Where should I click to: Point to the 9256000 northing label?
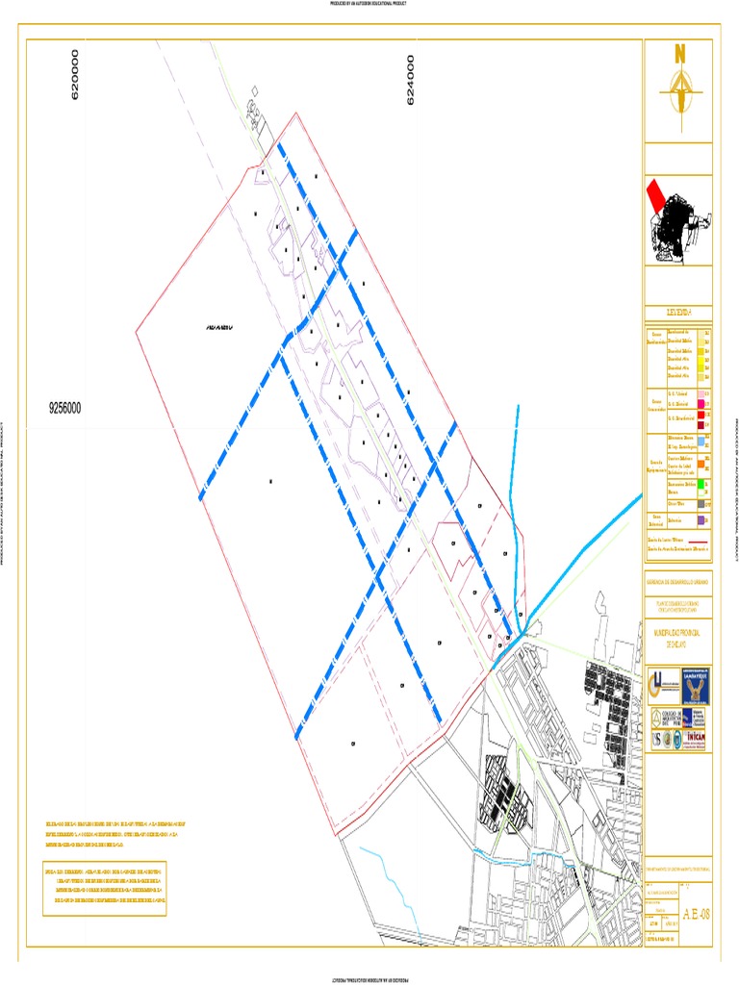click(65, 408)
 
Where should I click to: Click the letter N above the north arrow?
click(679, 54)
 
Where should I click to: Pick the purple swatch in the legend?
click(703, 519)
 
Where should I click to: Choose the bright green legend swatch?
click(703, 483)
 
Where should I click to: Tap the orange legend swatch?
click(703, 462)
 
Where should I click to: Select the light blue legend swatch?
click(703, 441)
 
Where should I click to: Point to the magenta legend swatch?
click(703, 404)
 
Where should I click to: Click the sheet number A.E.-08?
click(696, 912)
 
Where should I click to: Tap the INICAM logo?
click(697, 738)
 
